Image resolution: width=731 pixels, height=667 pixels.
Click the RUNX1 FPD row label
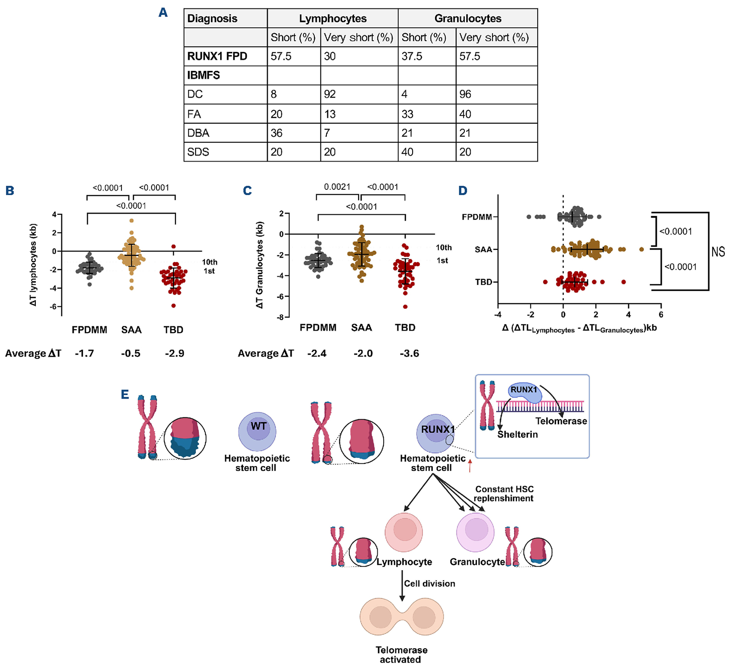217,56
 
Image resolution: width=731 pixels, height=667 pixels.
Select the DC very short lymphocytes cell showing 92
330,94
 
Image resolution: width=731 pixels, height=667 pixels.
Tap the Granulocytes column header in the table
468,18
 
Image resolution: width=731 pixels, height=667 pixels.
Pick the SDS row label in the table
198,152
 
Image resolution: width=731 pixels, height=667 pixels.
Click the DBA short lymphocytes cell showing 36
276,133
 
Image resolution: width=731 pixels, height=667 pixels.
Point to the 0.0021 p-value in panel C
337,187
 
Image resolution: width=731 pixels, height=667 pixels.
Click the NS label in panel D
718,252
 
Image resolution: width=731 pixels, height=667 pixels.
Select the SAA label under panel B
131,330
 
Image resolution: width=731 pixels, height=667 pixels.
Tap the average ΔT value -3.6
409,354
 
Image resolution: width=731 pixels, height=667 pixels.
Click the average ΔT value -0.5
131,354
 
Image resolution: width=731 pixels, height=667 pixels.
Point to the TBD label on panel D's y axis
484,282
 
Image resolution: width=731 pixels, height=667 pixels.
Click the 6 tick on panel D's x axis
661,314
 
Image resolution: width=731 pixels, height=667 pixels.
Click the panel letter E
125,394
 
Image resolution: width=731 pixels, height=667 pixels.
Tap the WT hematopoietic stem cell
257,431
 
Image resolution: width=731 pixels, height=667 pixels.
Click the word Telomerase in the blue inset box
561,421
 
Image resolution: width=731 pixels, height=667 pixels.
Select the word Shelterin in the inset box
518,434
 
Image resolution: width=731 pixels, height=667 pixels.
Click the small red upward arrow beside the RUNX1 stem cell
470,467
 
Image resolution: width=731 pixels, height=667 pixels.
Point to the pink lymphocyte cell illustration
404,532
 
